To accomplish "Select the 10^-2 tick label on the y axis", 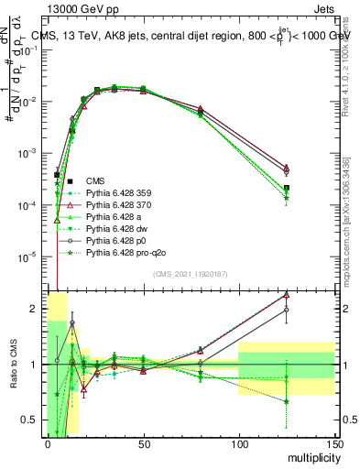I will pyautogui.click(x=27, y=102).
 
